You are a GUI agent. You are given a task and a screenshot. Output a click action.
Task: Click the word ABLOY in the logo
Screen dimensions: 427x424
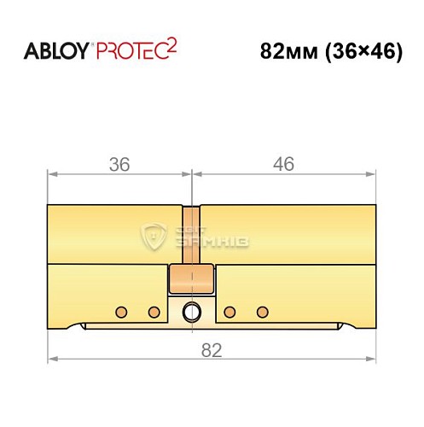point(55,50)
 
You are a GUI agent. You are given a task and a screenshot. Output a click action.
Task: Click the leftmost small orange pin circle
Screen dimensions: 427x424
point(121,311)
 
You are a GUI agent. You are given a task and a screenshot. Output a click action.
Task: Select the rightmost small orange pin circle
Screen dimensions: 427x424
point(263,311)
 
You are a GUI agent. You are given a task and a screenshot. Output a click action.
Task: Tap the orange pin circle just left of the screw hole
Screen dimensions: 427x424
point(154,311)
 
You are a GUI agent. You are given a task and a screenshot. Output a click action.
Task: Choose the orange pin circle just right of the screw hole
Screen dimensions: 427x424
point(229,311)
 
